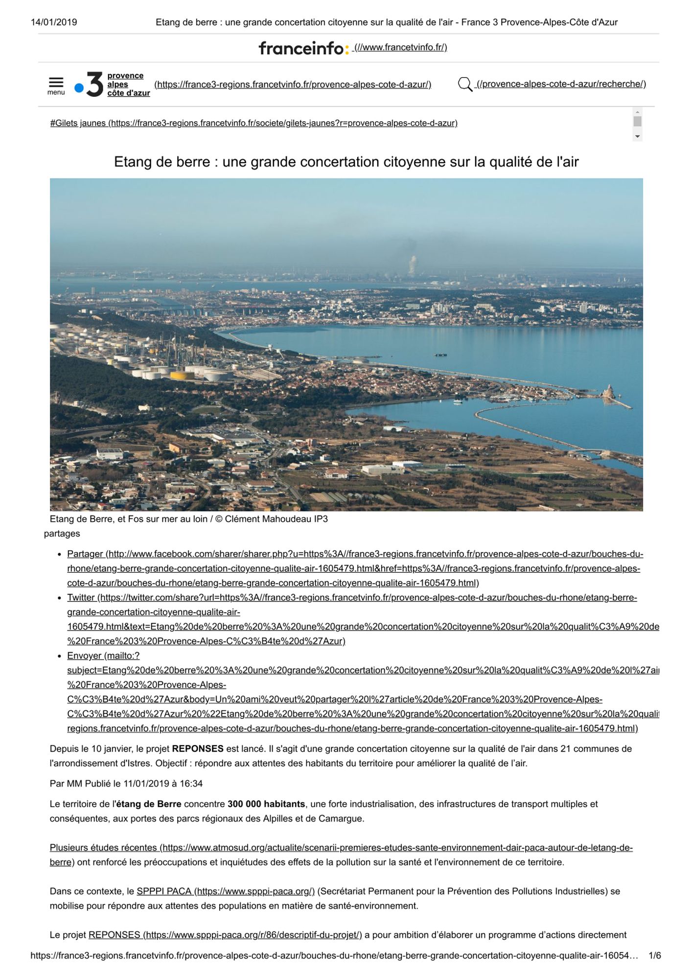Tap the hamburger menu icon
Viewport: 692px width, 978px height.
pyautogui.click(x=56, y=83)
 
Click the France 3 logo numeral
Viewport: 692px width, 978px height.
pyautogui.click(x=94, y=84)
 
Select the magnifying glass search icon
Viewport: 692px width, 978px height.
pyautogui.click(x=464, y=85)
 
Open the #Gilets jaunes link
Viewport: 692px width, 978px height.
pyautogui.click(x=78, y=123)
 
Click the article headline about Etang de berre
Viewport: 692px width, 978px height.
pyautogui.click(x=346, y=162)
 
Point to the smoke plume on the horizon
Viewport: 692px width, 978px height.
pyautogui.click(x=413, y=265)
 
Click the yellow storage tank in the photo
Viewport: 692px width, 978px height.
pyautogui.click(x=182, y=376)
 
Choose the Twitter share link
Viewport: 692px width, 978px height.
pyautogui.click(x=81, y=598)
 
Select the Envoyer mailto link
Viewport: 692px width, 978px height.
pyautogui.click(x=85, y=656)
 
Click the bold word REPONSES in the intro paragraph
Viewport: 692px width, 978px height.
pyautogui.click(x=198, y=749)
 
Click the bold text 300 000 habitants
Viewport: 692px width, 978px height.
pyautogui.click(x=266, y=804)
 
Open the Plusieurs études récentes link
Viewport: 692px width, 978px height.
pyautogui.click(x=104, y=847)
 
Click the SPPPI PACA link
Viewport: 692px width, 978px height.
pyautogui.click(x=164, y=891)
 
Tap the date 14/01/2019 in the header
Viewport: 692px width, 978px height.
pyautogui.click(x=54, y=22)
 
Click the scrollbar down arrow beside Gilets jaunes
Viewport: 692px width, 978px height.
pyautogui.click(x=637, y=136)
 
